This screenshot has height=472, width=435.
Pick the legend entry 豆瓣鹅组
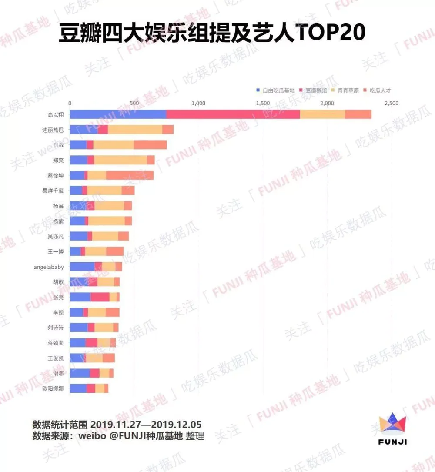(x=316, y=90)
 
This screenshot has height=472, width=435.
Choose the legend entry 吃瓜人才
(x=380, y=90)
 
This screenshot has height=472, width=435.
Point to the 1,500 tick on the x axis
(x=263, y=104)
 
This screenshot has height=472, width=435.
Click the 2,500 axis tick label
(x=391, y=104)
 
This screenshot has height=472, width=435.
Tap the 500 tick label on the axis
(x=134, y=104)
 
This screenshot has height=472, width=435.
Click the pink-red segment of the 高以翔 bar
(x=233, y=114)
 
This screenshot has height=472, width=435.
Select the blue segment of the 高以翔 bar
(x=118, y=114)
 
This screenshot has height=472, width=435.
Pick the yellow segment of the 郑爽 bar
(x=120, y=160)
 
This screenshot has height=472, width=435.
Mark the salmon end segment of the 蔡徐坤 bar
(x=130, y=175)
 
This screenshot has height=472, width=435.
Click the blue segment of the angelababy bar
(x=82, y=267)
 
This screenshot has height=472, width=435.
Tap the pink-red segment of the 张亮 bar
(x=100, y=297)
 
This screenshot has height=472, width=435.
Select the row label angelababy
(x=49, y=267)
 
